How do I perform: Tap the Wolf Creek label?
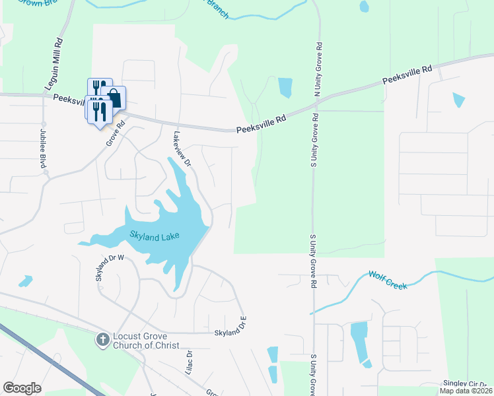click(388, 279)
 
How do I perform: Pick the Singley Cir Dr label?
click(466, 383)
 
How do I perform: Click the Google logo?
click(22, 388)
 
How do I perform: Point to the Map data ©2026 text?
click(466, 391)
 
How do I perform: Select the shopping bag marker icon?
click(114, 98)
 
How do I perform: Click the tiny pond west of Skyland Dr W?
click(25, 282)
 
